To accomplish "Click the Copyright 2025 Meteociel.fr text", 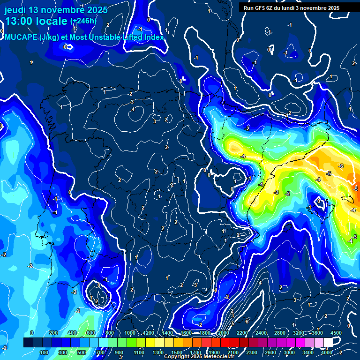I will click(199, 357).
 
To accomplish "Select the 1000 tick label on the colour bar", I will click(130, 333).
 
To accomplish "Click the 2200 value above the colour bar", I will click(242, 333).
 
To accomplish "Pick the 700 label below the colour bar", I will click(100, 352).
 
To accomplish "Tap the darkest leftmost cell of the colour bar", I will click(28, 343).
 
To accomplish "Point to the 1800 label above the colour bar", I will click(205, 333).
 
